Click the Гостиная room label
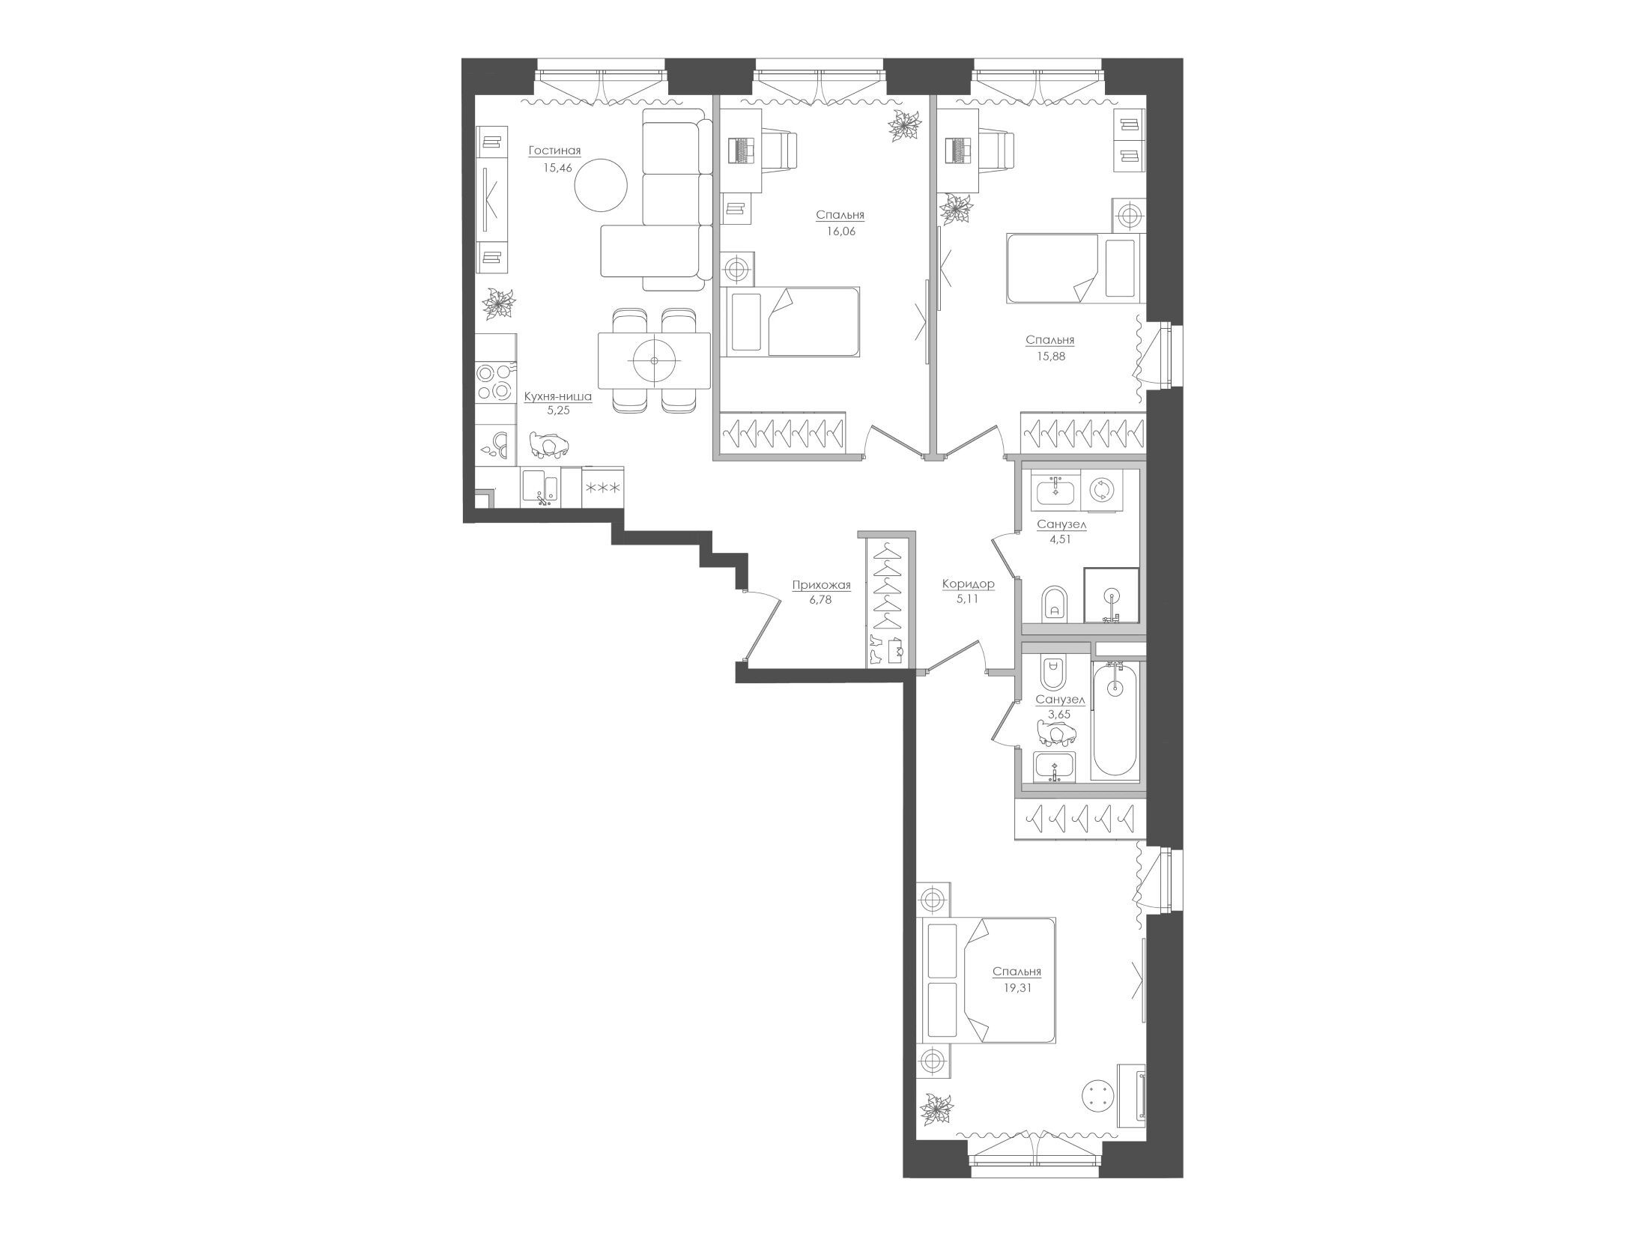click(554, 151)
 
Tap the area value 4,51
click(1061, 539)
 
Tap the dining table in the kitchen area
click(654, 361)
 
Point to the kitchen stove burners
click(494, 382)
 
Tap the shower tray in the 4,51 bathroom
click(1112, 596)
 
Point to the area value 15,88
click(1050, 357)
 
